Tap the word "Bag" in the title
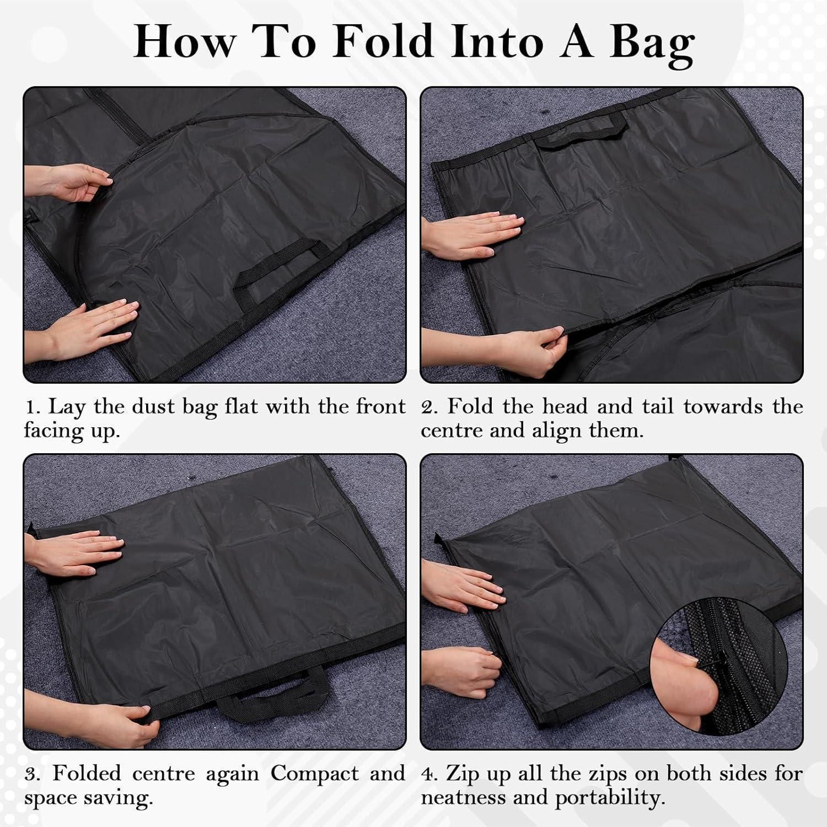(652, 47)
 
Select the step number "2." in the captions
(431, 407)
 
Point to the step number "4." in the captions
(431, 774)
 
